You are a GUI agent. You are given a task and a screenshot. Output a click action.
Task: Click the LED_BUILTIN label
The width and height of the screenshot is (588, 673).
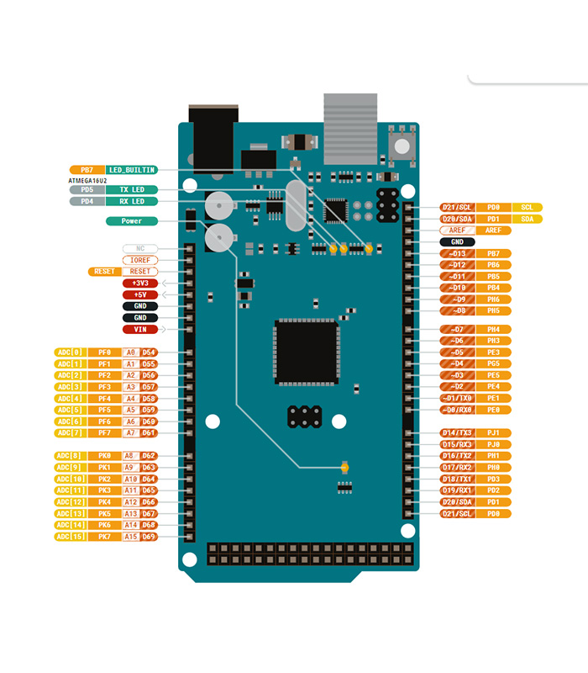(x=132, y=170)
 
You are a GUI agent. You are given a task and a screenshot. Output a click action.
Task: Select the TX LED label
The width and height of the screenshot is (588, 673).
(x=132, y=190)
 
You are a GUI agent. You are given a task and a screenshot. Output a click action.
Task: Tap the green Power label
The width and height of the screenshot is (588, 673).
(x=132, y=221)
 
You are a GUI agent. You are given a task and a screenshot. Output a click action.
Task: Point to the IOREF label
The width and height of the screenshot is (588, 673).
(x=140, y=261)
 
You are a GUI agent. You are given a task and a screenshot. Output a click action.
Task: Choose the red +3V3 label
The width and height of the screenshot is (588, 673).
(x=140, y=284)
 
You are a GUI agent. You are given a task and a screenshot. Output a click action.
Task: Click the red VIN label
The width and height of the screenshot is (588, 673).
(x=140, y=329)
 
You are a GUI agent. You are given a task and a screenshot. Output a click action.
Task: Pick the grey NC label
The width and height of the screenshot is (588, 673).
(x=140, y=249)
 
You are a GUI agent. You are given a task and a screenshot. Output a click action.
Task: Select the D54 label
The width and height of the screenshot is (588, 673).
(x=149, y=352)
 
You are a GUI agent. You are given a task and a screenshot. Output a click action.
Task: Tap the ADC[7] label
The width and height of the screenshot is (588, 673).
(x=70, y=432)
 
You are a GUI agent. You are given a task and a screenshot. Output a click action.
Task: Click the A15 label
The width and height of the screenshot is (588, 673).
(x=130, y=536)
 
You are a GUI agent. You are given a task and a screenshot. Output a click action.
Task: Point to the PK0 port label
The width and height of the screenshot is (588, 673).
(x=104, y=455)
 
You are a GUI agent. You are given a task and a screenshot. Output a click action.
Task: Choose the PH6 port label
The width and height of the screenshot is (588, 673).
(x=494, y=299)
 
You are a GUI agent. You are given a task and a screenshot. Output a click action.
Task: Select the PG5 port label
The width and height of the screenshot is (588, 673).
(x=494, y=363)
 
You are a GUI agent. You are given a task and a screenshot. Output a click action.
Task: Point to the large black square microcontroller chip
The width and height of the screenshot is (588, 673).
(x=307, y=352)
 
